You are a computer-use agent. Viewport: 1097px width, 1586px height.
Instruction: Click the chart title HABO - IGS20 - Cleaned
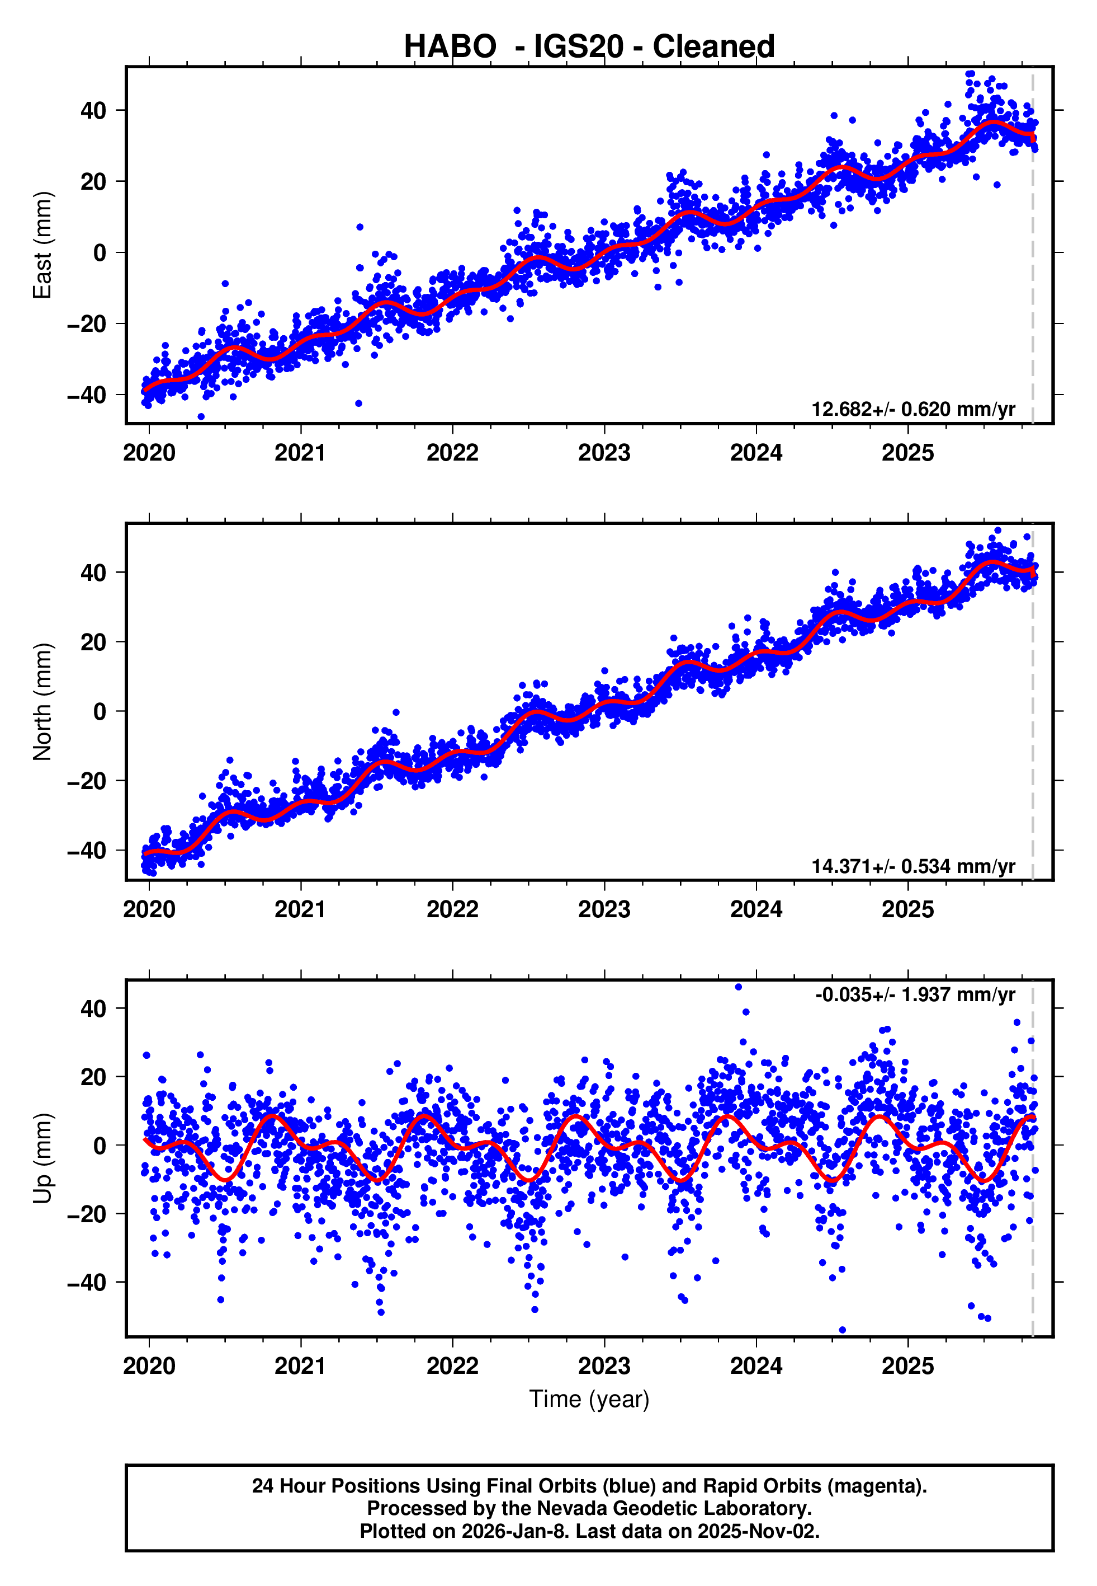click(x=589, y=47)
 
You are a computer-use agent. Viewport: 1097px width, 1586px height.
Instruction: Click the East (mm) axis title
click(x=42, y=245)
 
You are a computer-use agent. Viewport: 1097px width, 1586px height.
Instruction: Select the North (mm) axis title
click(x=42, y=702)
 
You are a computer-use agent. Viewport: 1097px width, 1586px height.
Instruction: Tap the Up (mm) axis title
click(x=42, y=1158)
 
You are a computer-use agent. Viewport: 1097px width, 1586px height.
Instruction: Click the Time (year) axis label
click(x=589, y=1400)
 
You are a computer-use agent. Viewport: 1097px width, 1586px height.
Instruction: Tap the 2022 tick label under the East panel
click(x=452, y=453)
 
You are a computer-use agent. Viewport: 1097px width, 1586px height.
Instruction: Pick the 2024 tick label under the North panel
click(x=756, y=910)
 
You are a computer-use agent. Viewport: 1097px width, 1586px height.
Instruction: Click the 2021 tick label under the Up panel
click(x=300, y=1366)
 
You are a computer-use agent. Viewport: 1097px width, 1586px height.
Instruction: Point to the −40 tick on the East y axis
click(x=87, y=396)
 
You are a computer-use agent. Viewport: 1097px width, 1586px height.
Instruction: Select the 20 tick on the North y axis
click(x=94, y=642)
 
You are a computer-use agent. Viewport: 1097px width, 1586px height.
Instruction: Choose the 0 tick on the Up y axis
click(x=100, y=1145)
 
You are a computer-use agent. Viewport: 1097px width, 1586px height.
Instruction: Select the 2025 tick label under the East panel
click(x=908, y=453)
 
